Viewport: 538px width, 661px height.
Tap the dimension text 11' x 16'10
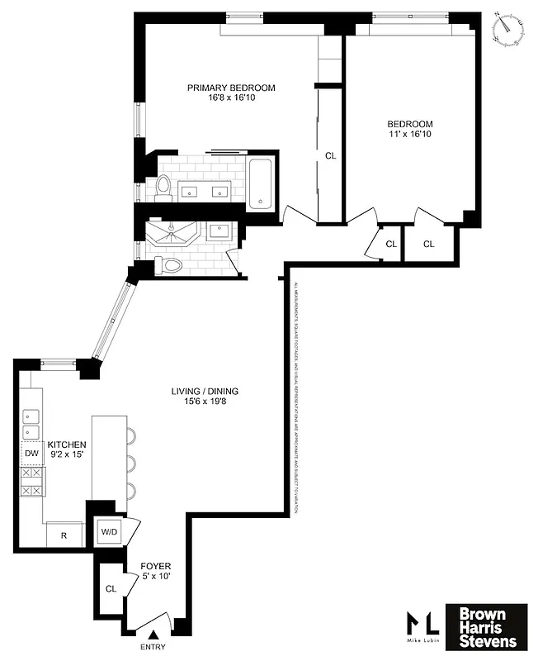[410, 134]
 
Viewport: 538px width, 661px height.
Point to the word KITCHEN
[66, 445]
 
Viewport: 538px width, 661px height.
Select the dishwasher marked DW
[31, 454]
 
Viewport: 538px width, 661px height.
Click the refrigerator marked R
[64, 535]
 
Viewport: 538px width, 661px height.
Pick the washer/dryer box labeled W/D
[109, 532]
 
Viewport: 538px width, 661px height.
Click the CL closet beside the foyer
[111, 589]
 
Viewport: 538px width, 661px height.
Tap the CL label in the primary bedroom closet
[330, 155]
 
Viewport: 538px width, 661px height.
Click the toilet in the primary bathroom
[163, 189]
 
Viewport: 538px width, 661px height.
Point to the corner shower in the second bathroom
[171, 232]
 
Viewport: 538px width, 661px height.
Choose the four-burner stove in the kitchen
[31, 482]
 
